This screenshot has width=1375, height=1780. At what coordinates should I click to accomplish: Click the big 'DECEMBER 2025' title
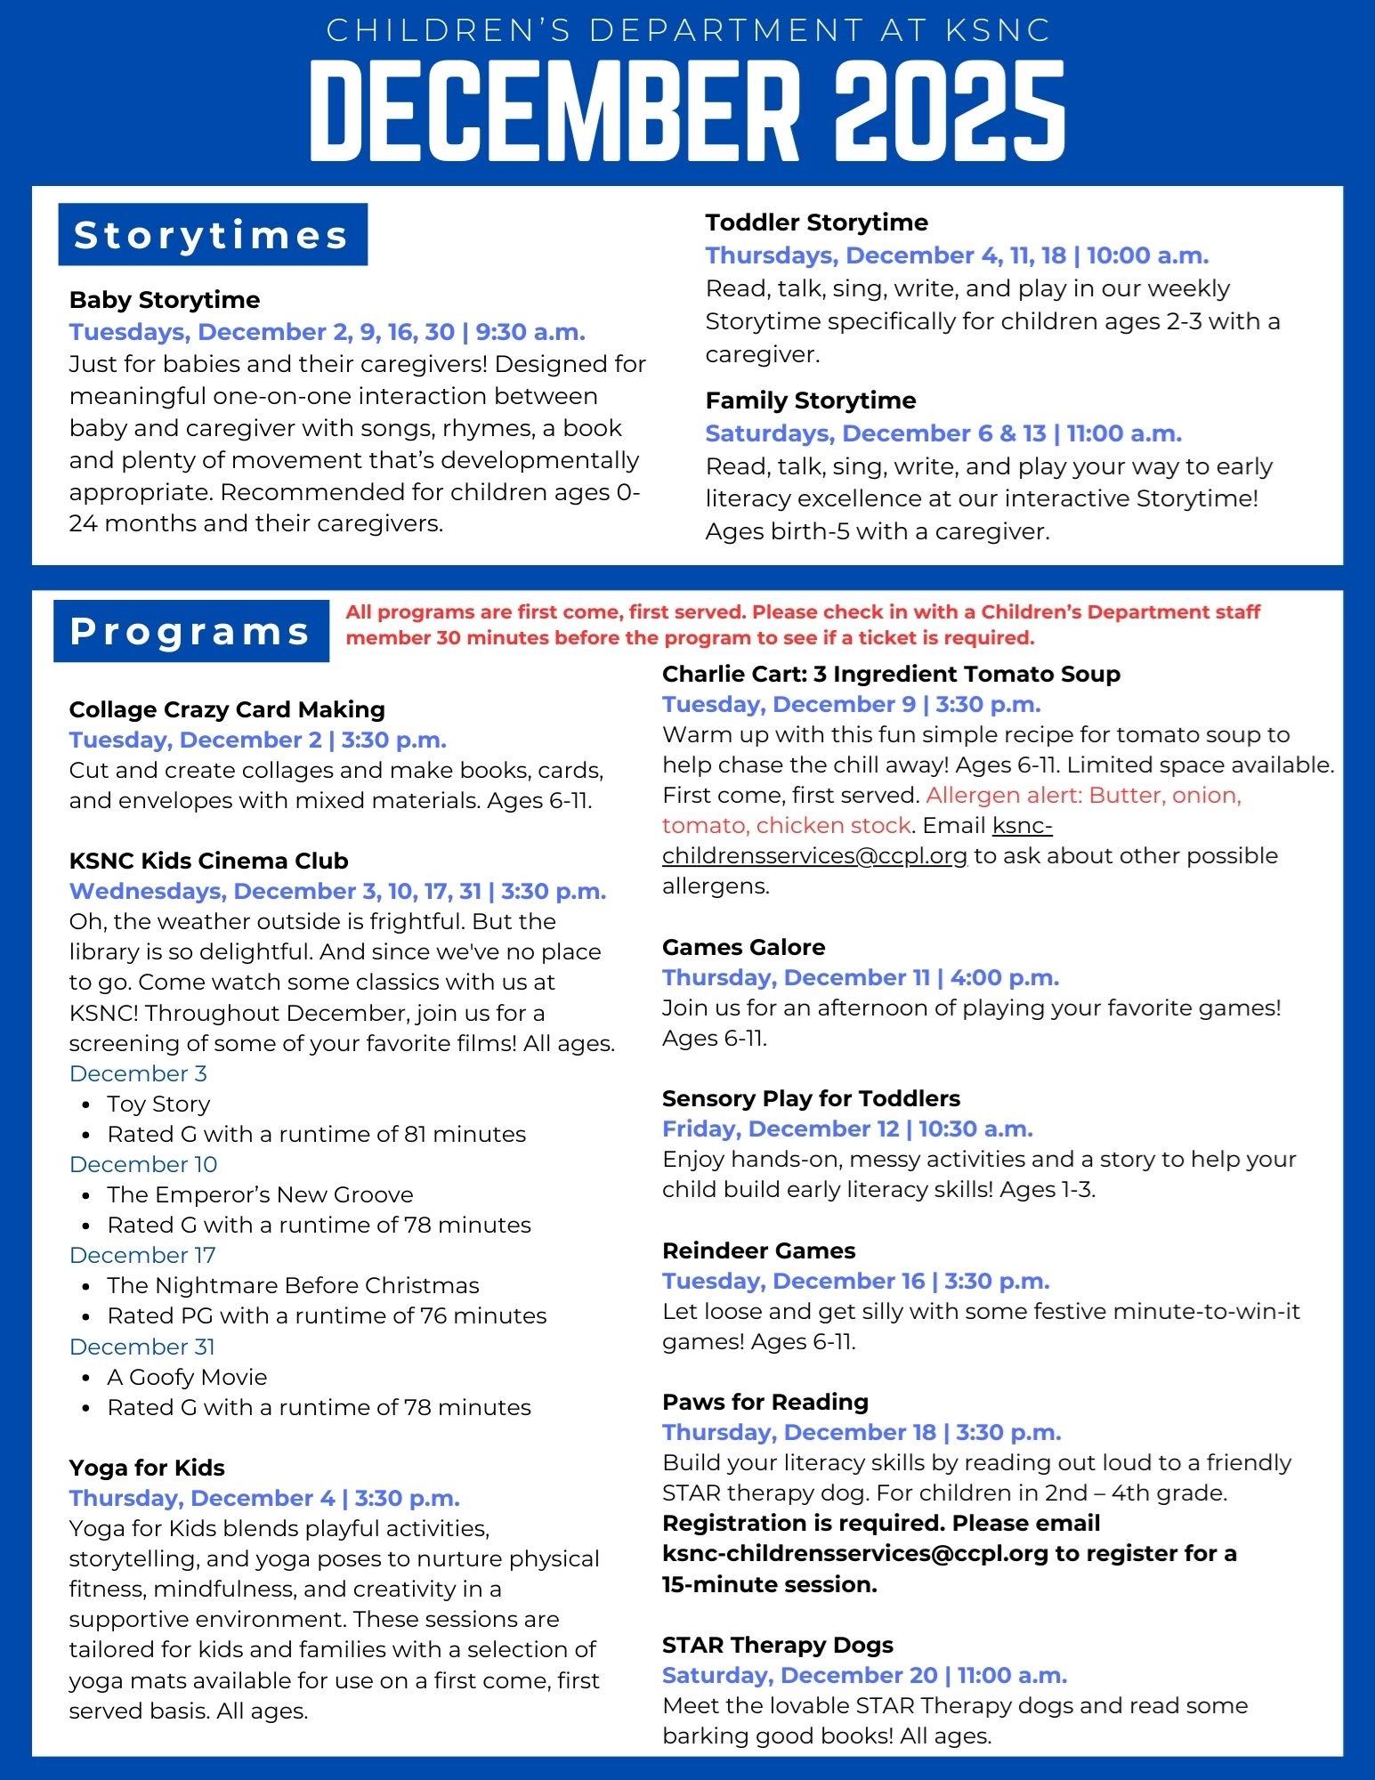click(x=687, y=111)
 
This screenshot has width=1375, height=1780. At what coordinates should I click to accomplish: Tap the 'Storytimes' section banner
click(x=212, y=235)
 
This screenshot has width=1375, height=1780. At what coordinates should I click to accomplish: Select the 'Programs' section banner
click(x=190, y=631)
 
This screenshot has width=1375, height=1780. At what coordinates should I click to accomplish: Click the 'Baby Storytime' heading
click(x=165, y=300)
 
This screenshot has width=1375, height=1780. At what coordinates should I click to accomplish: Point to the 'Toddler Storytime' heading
click(x=816, y=222)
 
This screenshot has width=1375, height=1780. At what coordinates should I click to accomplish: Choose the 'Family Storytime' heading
click(x=810, y=400)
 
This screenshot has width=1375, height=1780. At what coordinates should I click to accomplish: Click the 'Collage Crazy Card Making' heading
click(x=227, y=709)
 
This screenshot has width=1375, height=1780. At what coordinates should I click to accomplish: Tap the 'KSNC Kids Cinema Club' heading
click(x=208, y=861)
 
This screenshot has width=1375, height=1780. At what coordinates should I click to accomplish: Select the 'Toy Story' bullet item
click(x=158, y=1104)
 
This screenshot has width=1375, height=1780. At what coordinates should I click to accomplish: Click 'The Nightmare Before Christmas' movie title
click(x=293, y=1285)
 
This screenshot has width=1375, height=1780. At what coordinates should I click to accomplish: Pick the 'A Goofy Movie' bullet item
click(x=187, y=1377)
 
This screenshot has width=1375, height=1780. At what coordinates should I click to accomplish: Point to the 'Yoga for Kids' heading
click(x=147, y=1468)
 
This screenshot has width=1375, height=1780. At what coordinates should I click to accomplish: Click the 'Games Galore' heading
click(x=743, y=947)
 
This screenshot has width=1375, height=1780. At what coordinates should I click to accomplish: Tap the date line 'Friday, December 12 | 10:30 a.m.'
click(x=847, y=1129)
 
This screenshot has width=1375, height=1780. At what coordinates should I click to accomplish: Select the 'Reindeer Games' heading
click(x=758, y=1250)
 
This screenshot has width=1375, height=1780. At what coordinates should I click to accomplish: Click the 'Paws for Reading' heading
click(x=764, y=1402)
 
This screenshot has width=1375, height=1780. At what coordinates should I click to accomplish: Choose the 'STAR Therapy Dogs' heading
click(x=777, y=1645)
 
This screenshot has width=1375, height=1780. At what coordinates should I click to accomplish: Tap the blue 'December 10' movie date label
click(x=143, y=1164)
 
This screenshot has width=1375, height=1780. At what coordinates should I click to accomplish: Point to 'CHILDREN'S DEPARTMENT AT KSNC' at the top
click(x=688, y=30)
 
